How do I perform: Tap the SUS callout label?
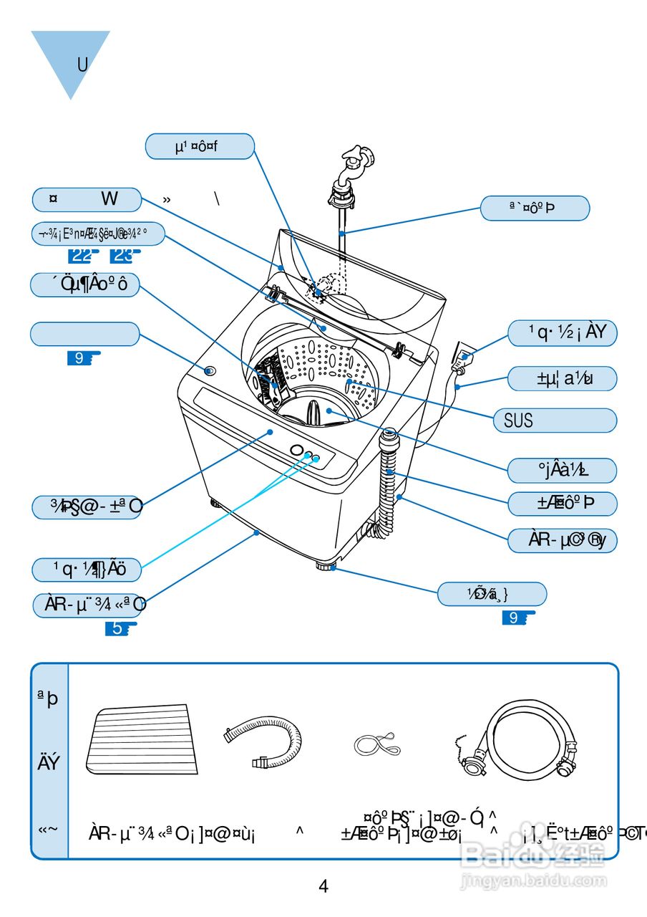tap(555, 421)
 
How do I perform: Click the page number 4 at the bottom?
tap(323, 886)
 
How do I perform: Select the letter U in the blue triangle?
tap(82, 64)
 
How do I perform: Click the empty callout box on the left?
tap(84, 334)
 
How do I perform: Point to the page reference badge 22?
tap(83, 254)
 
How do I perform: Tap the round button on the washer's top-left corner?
tap(209, 370)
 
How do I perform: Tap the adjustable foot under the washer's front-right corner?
tap(326, 566)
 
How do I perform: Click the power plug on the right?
tap(462, 356)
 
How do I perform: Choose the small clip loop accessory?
tap(376, 745)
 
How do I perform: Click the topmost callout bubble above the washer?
tap(200, 146)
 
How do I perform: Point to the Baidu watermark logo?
tap(534, 855)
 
